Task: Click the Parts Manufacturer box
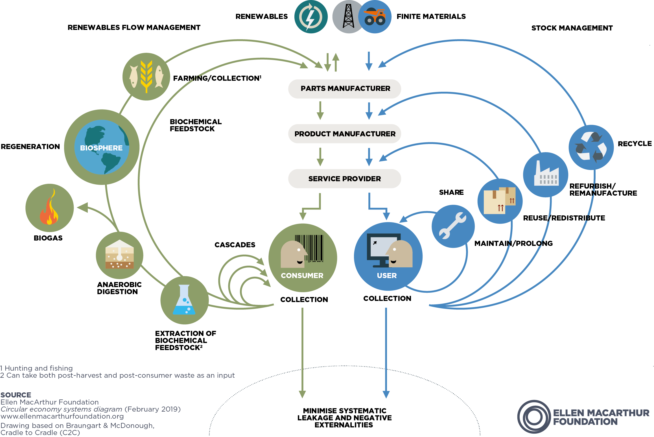(345, 89)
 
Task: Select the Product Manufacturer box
(345, 134)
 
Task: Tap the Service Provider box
(345, 179)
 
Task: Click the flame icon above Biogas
(49, 208)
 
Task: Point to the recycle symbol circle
(591, 147)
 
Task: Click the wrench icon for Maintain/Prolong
(453, 226)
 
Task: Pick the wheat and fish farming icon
(146, 77)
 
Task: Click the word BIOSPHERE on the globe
(101, 148)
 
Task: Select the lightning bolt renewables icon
(311, 17)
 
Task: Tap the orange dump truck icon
(375, 17)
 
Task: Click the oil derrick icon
(348, 16)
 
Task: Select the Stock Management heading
(572, 28)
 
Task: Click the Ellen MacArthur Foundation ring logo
(534, 417)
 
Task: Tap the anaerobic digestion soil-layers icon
(119, 255)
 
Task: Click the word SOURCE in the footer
(16, 395)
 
